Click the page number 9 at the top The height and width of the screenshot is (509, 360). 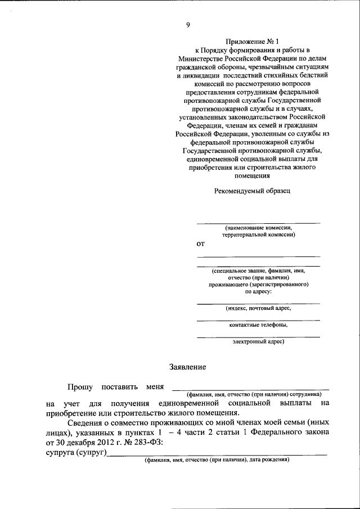(x=188, y=24)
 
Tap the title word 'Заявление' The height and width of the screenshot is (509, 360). (x=188, y=367)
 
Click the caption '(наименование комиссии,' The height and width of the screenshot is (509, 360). (x=259, y=228)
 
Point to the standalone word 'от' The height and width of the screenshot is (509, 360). (x=200, y=244)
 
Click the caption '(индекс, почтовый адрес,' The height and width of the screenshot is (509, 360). (x=259, y=308)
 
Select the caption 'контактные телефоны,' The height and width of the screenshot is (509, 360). (x=259, y=325)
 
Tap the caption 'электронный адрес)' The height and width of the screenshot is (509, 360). (x=259, y=341)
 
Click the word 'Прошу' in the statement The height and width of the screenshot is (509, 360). (x=80, y=387)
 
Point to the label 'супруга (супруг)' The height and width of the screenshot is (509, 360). (x=76, y=453)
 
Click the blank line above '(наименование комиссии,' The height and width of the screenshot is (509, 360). (x=258, y=223)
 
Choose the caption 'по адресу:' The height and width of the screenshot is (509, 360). (x=259, y=292)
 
